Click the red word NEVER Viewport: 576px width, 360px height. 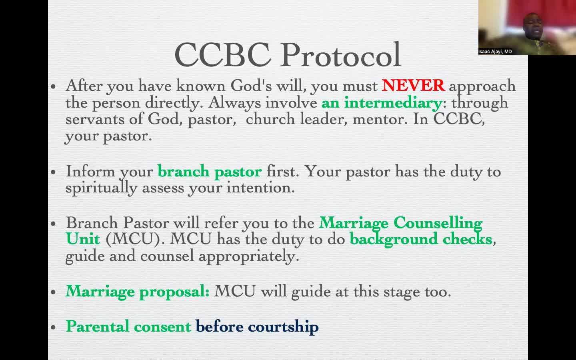[x=413, y=86]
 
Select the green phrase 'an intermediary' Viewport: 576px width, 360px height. [x=382, y=103]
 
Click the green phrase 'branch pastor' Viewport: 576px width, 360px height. [x=210, y=172]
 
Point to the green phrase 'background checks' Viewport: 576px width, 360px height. [x=421, y=240]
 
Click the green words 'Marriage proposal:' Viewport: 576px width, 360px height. [x=138, y=292]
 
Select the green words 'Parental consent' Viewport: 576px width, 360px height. [x=128, y=326]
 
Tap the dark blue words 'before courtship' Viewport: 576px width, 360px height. [x=257, y=327]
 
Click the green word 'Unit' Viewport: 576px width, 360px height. [x=83, y=239]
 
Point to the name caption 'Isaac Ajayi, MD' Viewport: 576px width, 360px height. [x=495, y=52]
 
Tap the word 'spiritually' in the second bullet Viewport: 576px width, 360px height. [x=101, y=188]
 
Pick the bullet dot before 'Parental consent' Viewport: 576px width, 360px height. [x=53, y=327]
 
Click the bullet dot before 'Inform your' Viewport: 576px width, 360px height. [x=53, y=172]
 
